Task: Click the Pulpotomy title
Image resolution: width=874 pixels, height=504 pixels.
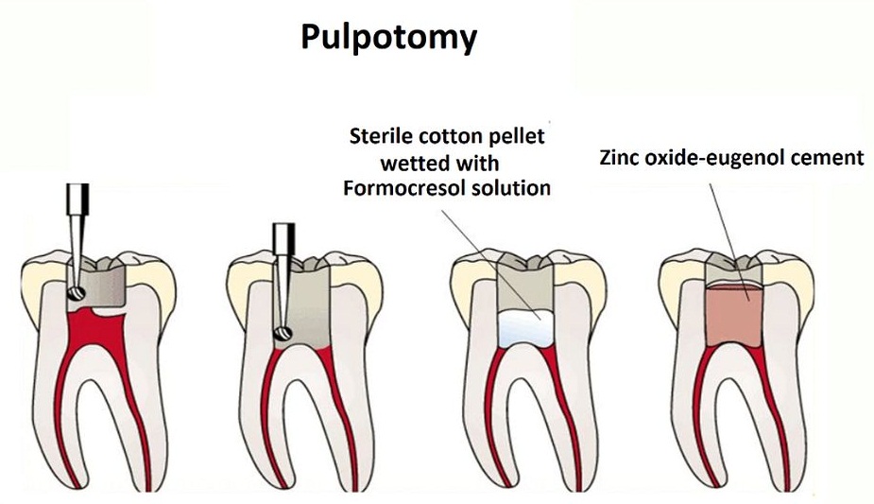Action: (389, 38)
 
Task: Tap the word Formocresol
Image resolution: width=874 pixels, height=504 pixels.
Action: (404, 188)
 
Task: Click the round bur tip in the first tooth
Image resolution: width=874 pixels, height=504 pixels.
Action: (76, 292)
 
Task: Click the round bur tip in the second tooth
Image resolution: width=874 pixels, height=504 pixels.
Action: (283, 334)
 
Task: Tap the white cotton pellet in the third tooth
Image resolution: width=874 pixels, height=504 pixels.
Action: (525, 329)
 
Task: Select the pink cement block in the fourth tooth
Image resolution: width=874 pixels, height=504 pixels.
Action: (733, 315)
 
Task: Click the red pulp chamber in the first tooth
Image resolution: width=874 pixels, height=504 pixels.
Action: (95, 329)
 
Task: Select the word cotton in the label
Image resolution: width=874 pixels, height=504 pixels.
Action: (449, 136)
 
